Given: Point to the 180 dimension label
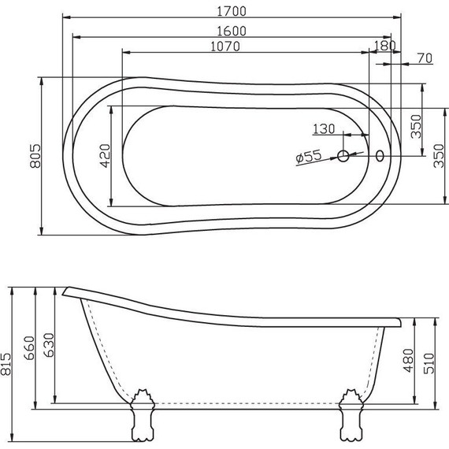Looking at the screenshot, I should (x=387, y=46).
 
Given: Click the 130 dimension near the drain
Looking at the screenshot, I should (x=323, y=128).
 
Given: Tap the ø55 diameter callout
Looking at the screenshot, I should (x=309, y=157).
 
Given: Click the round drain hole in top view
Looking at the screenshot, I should (x=343, y=156).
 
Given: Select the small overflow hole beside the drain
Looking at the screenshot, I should (x=382, y=156).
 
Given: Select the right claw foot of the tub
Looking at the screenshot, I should (x=351, y=417).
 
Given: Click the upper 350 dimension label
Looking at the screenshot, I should (x=416, y=124).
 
